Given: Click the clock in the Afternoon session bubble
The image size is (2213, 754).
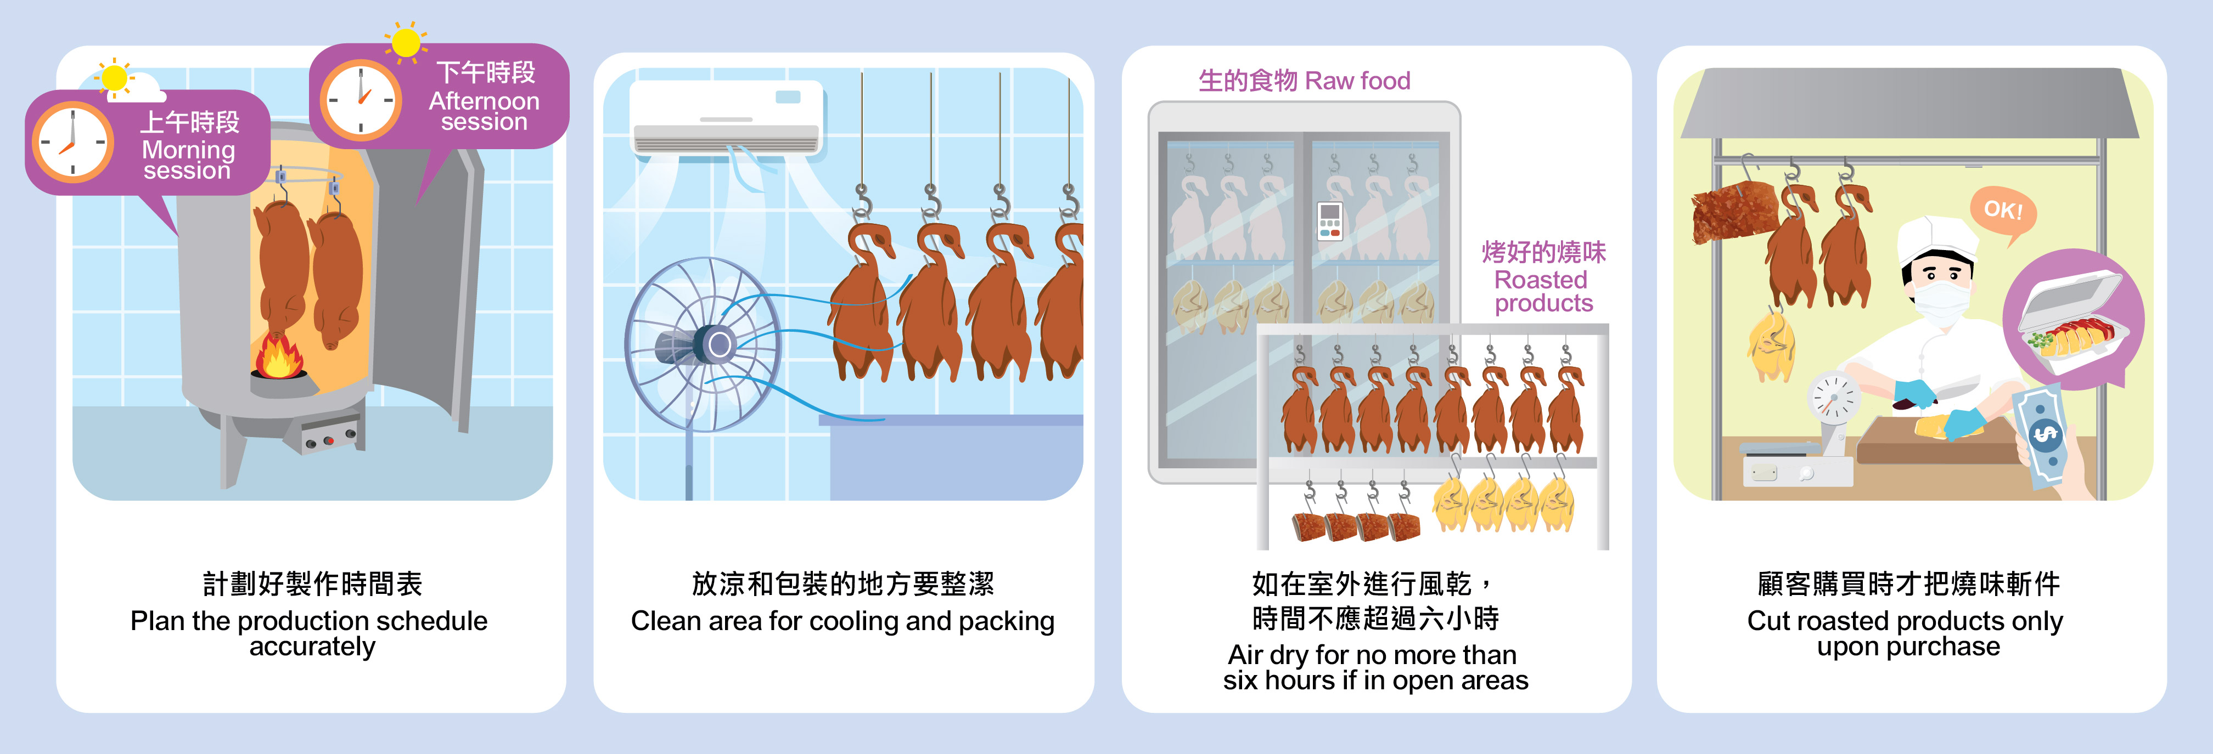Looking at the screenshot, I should [361, 100].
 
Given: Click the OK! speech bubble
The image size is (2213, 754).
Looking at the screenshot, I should [2003, 211].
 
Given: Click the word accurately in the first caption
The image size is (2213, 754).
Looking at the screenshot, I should [312, 646].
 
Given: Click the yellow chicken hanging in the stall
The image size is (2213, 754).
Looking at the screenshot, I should [1770, 348].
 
